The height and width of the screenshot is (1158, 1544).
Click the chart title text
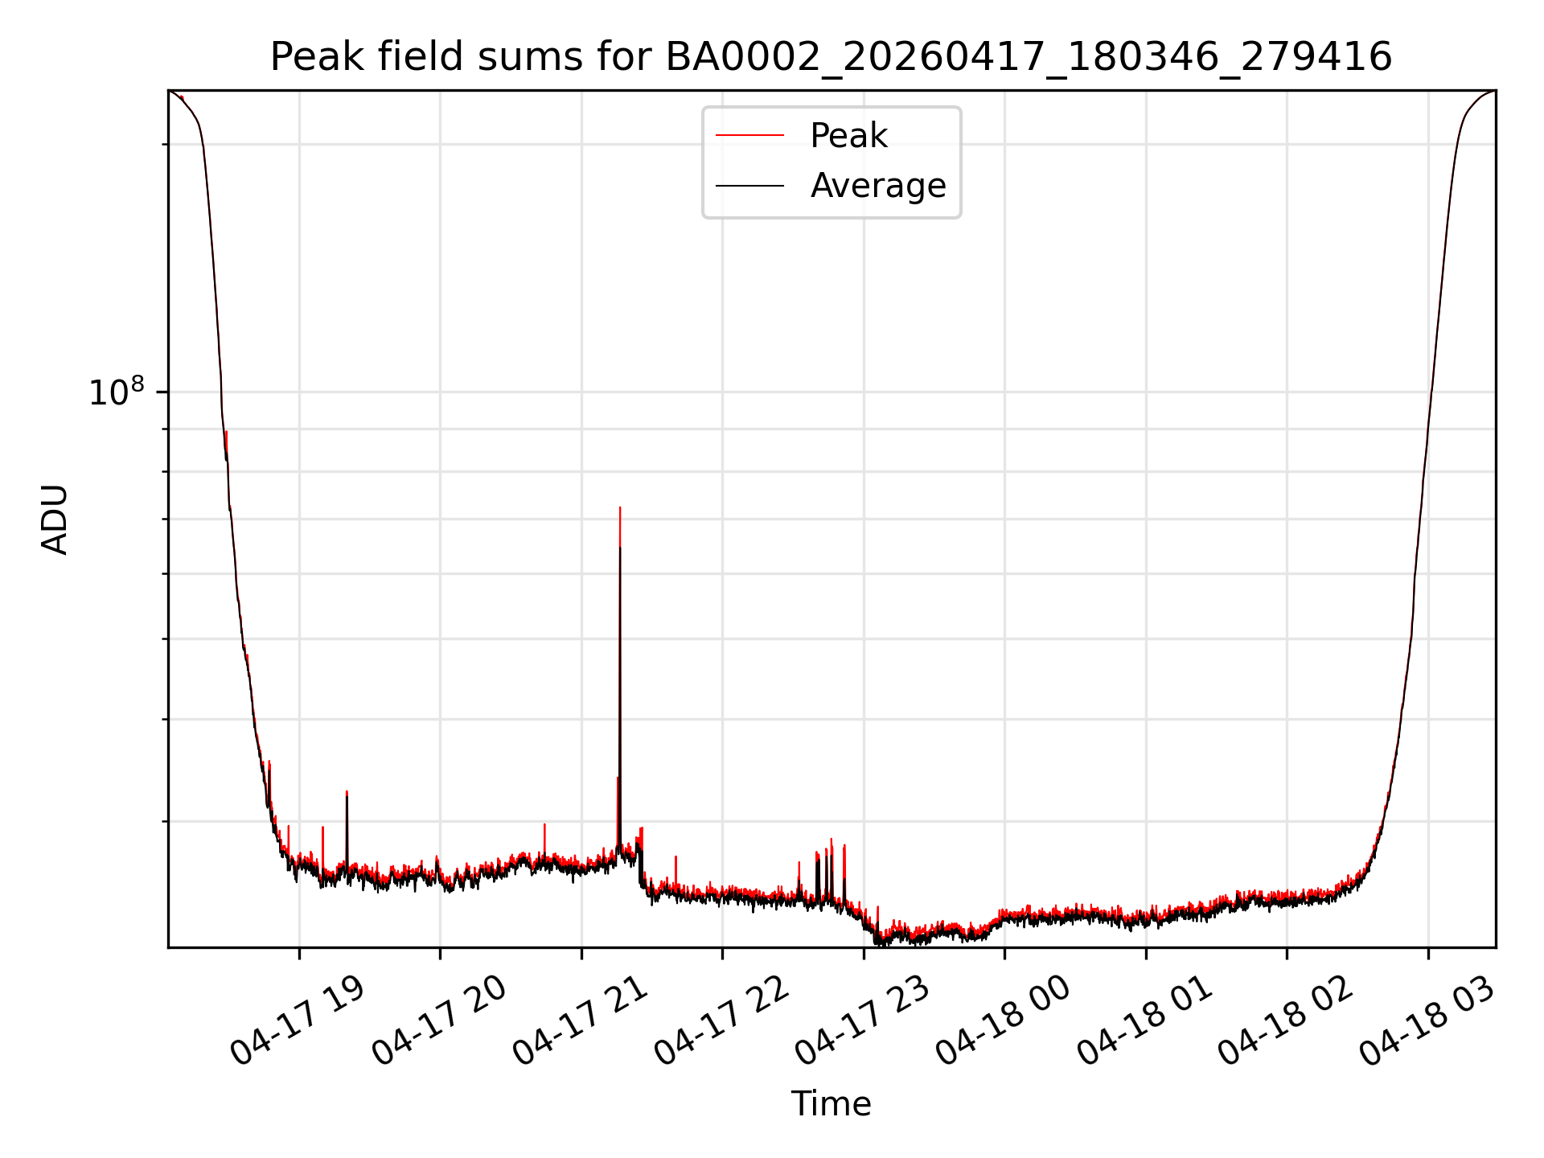(x=831, y=57)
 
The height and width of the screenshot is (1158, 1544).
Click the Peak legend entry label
(x=848, y=136)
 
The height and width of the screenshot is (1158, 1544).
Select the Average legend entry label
(x=878, y=186)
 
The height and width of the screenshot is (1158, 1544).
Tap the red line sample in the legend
(x=749, y=136)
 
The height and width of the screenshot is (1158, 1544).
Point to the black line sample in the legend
(x=749, y=186)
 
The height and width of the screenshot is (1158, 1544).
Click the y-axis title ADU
(x=55, y=519)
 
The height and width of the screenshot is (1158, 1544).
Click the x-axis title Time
(x=831, y=1104)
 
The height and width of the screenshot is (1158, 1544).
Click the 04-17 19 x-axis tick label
(x=298, y=1022)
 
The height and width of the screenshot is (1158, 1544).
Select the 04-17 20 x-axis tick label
(x=438, y=1022)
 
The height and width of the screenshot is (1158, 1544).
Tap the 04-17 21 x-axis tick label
(x=580, y=1022)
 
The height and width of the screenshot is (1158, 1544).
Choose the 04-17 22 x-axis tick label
(x=721, y=1022)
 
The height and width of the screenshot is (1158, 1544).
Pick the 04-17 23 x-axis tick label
(x=862, y=1022)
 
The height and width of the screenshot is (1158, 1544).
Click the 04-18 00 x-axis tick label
(x=1003, y=1022)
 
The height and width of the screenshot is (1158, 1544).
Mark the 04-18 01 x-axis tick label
(x=1144, y=1022)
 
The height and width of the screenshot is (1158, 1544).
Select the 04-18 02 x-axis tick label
(x=1285, y=1022)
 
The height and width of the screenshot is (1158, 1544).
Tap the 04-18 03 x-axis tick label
(x=1427, y=1022)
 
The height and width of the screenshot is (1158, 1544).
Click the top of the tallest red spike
(x=620, y=507)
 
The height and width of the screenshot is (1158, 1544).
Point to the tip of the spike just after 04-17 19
(x=347, y=791)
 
